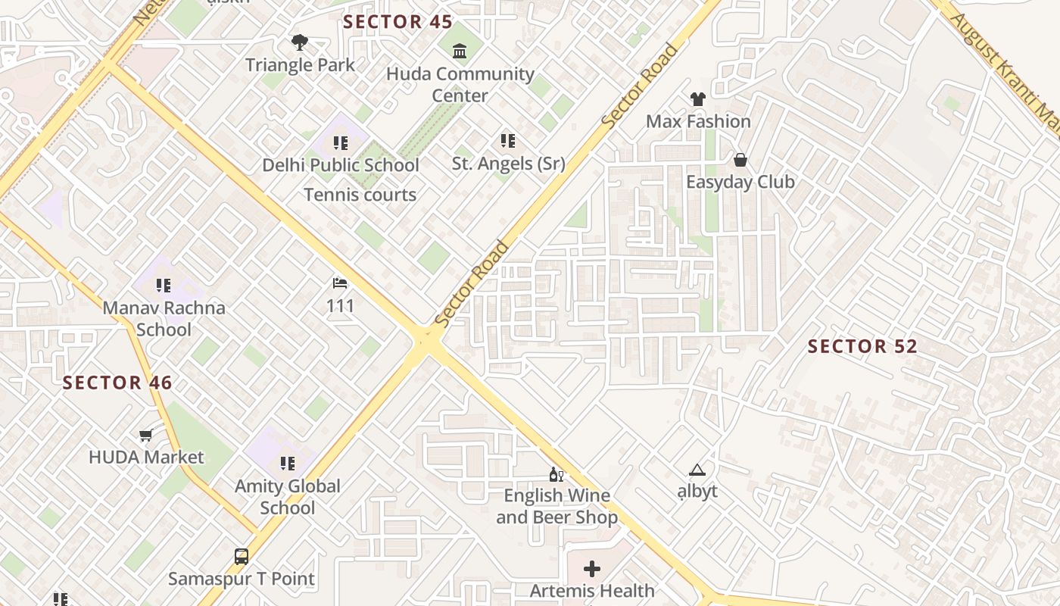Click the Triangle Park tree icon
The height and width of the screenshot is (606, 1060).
tap(300, 42)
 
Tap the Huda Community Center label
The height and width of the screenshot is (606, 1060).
tap(460, 85)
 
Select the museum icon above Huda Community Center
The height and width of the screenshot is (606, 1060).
tap(460, 52)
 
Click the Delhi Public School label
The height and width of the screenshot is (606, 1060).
tap(341, 165)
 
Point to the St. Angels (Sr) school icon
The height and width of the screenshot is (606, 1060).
tap(507, 141)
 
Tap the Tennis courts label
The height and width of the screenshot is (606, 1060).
tap(360, 195)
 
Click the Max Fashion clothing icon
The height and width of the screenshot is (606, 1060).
tap(697, 99)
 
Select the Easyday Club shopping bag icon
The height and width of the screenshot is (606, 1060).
tap(740, 160)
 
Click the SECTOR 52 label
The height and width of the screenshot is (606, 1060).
tap(862, 347)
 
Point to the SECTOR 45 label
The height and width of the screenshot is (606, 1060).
tap(397, 22)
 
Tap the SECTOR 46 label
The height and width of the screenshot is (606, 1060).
tap(117, 383)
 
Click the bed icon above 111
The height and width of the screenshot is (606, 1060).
tap(340, 284)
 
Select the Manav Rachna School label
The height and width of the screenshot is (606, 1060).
tap(164, 319)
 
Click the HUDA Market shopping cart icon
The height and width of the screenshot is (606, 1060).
tap(145, 435)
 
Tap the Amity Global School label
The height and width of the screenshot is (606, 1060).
tap(288, 497)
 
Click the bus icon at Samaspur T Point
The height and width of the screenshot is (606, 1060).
tap(241, 557)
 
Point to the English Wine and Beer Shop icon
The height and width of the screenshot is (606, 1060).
tap(556, 475)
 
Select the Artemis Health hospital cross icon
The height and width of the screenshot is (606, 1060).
tap(592, 568)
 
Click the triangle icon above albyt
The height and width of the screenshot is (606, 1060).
tap(697, 470)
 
